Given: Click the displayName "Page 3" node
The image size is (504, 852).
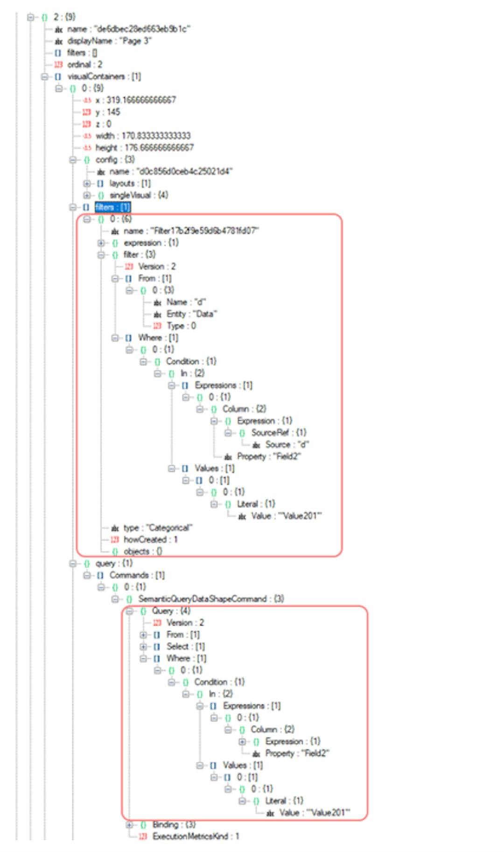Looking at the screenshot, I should pos(109,41).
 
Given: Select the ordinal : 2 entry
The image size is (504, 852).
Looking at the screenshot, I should pos(84,64).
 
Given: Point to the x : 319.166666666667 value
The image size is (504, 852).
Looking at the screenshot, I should pos(135,100).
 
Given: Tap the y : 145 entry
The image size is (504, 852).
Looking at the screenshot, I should pos(107,112).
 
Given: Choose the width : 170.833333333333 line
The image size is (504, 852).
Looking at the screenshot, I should pos(143,136).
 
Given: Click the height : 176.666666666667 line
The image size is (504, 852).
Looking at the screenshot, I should pos(144,148).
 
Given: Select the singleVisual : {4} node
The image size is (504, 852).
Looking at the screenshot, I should pos(138,195).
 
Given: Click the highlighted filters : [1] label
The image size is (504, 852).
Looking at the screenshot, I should pos(112,207).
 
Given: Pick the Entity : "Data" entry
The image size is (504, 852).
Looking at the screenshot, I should pos(191,314).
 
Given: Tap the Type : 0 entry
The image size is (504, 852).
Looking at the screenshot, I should pos(181,326).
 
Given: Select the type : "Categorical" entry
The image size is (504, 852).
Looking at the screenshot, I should pos(158,528).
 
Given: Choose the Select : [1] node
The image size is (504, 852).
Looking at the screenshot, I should pos(185,647).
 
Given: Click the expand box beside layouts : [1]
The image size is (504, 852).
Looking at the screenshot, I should pos(87,183).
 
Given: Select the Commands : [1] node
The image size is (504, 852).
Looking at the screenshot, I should pos(137,575).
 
